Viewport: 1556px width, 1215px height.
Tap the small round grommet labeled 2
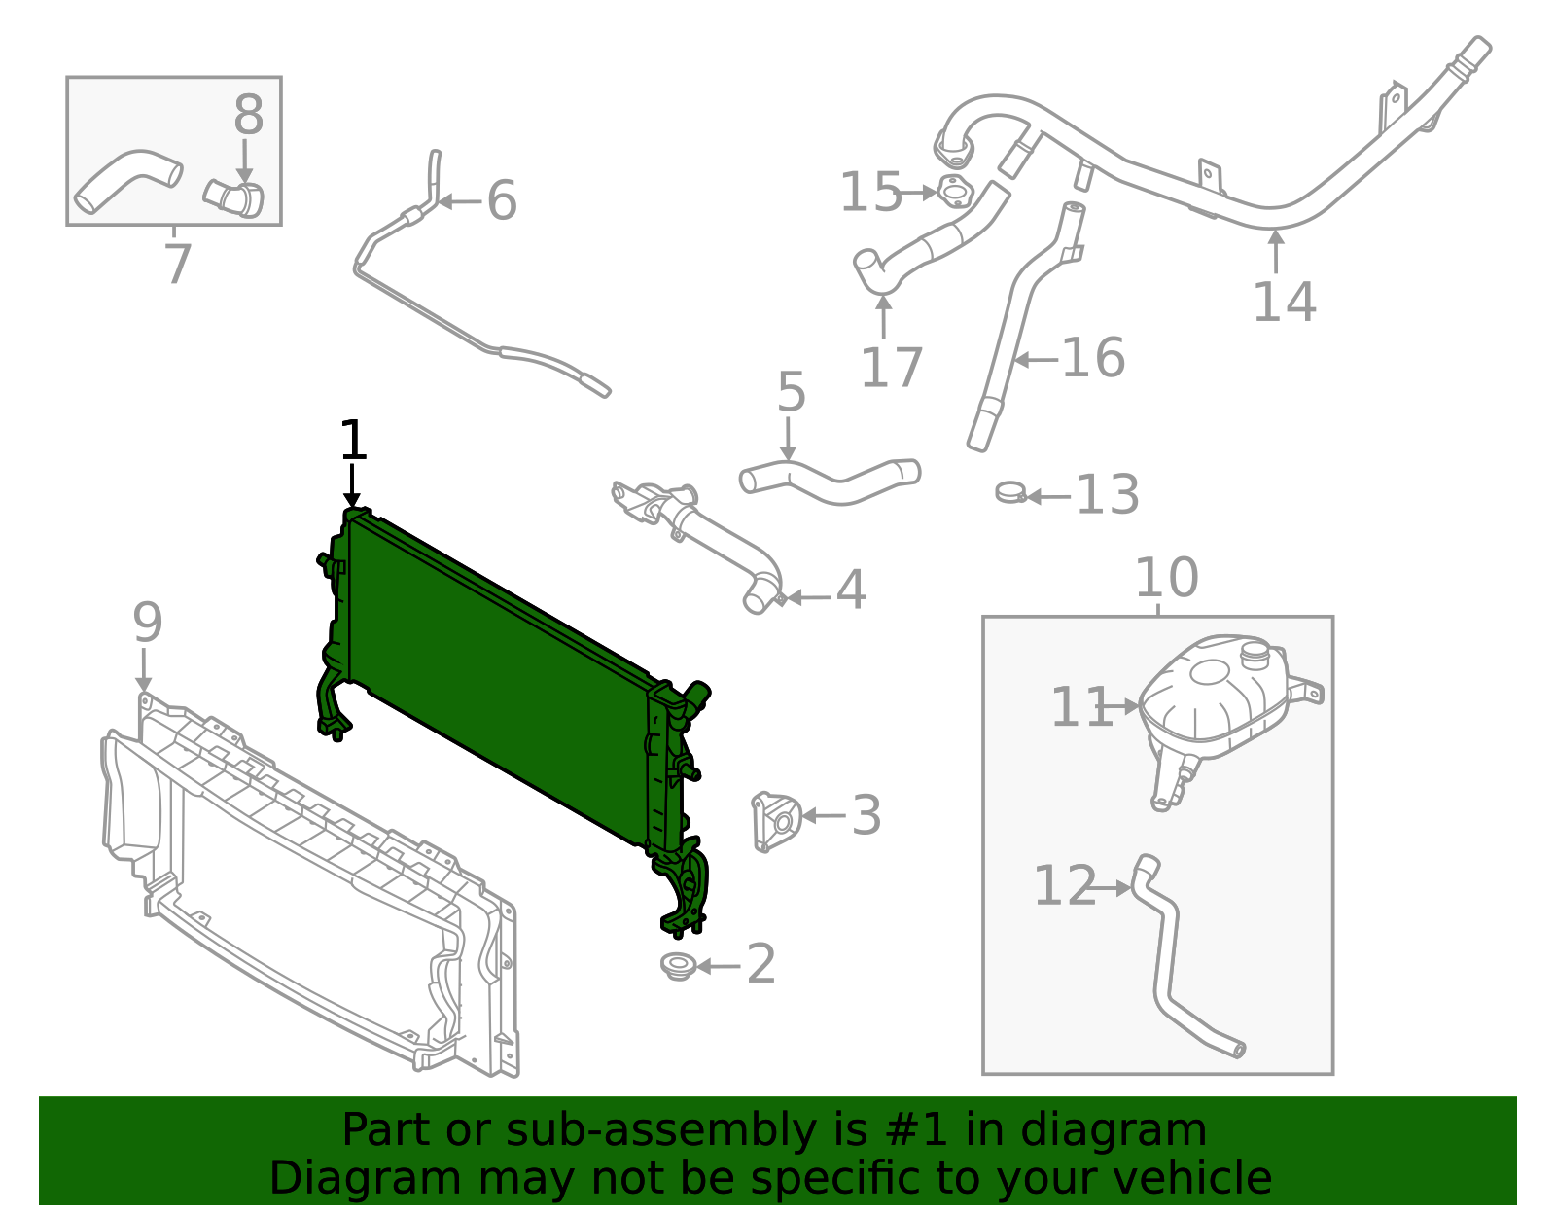(676, 966)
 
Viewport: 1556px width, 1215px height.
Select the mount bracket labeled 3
(775, 820)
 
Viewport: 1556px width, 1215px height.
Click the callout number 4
(851, 590)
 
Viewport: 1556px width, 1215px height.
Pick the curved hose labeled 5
(830, 482)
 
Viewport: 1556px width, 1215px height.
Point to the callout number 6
(501, 201)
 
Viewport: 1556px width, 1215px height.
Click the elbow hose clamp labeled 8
(234, 197)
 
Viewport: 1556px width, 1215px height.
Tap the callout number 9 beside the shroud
(147, 623)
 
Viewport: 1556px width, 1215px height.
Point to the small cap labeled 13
(1010, 493)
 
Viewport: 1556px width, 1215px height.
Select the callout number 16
(1093, 358)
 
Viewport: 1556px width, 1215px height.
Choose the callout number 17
(891, 368)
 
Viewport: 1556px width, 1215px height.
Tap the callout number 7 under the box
(177, 265)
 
